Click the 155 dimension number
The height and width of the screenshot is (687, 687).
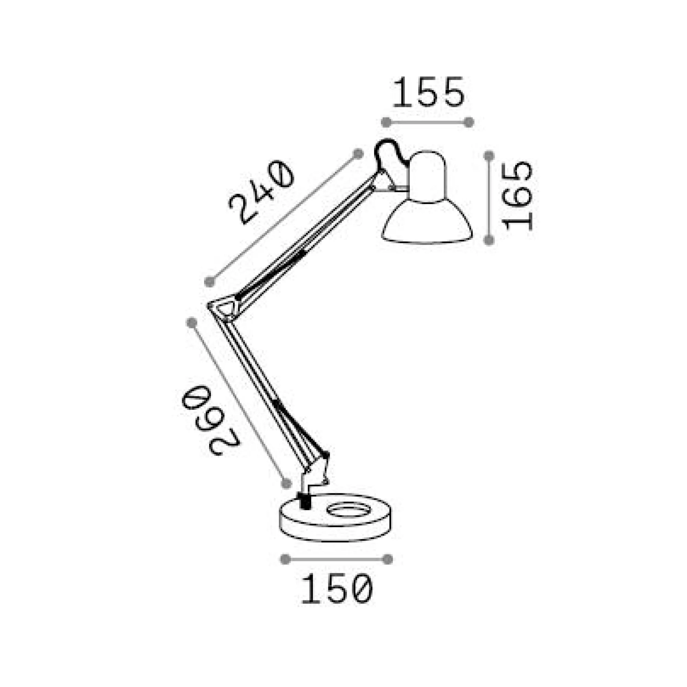click(428, 92)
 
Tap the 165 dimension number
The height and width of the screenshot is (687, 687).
click(517, 196)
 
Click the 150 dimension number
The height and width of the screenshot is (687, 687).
click(337, 589)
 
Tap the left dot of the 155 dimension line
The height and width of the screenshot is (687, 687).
click(386, 122)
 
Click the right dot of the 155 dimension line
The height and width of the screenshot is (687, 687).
click(469, 122)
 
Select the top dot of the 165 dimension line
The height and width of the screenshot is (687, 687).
click(489, 155)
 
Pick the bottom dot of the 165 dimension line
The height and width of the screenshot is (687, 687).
click(489, 240)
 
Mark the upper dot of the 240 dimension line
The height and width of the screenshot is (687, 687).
click(358, 154)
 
